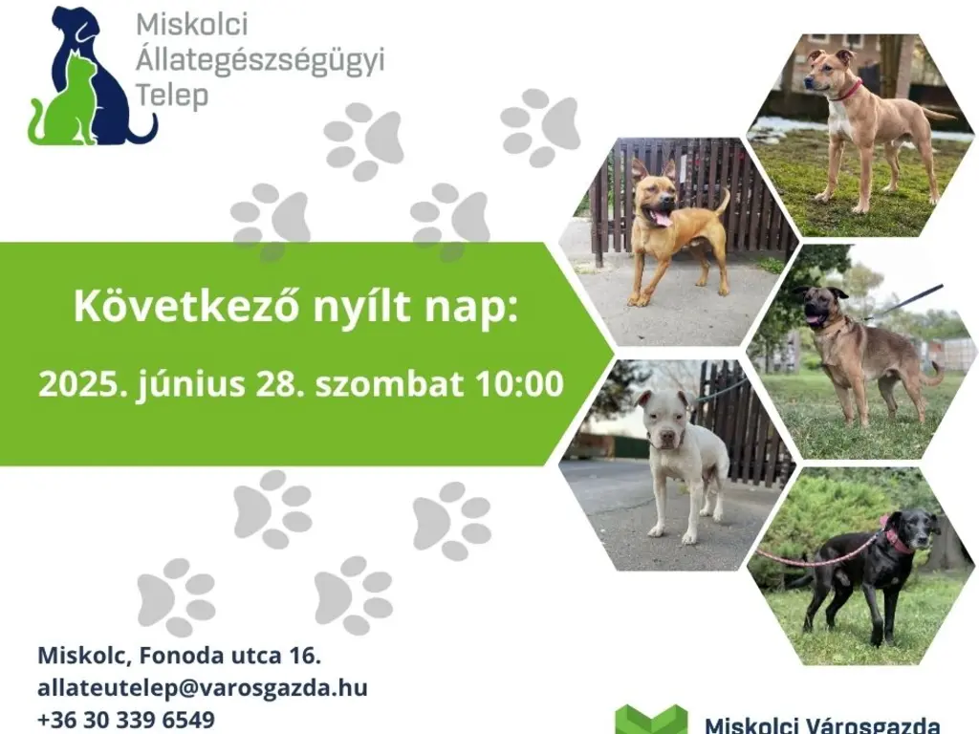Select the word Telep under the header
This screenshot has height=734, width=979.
pos(172,96)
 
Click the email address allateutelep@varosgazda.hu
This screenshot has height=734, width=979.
pos(203,687)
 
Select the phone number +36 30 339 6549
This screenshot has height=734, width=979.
pos(126,719)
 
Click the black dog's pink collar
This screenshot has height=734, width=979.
pos(896,540)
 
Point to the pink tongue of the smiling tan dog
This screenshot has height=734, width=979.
pos(661,218)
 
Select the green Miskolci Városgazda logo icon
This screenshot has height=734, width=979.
pos(650,720)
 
